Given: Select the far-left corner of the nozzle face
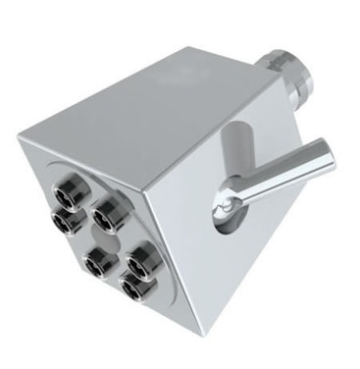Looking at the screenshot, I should (x=20, y=143).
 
